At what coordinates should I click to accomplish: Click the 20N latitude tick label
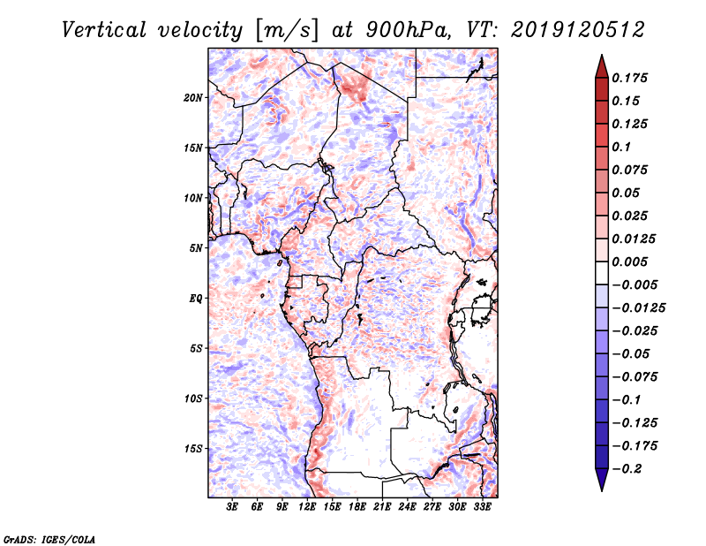point(193,97)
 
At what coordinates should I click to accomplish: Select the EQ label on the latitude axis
point(195,298)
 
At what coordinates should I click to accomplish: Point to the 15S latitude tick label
point(193,448)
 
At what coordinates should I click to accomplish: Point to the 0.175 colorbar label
point(631,78)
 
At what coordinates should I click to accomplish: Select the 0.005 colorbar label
point(631,262)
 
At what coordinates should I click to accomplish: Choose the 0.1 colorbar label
point(624,147)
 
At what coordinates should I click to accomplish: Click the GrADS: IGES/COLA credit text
point(38,538)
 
